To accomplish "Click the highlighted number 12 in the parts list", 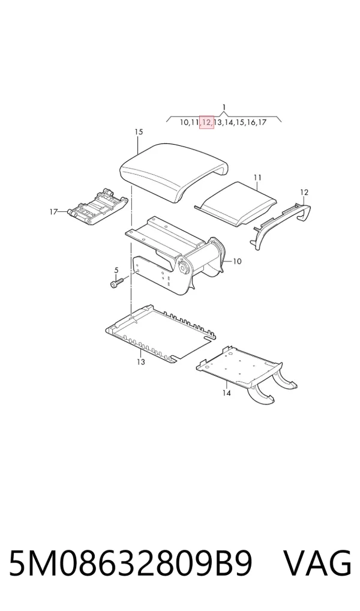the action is point(206,122).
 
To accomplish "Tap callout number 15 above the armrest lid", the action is point(139,132).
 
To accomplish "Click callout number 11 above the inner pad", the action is point(257,178).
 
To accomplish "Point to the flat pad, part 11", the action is point(236,203).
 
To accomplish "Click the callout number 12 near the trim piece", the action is point(304,192).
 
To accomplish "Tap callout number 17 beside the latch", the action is point(54,212).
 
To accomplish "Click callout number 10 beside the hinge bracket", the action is point(237,261).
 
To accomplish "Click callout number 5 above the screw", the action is point(116,270).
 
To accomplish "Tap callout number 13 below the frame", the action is point(140,362).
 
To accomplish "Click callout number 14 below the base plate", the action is point(226,393).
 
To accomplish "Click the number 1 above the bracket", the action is point(224,107).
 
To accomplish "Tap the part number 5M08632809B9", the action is point(131,564).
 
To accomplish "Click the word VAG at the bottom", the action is point(317,564).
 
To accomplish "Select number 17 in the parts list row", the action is point(262,122).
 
